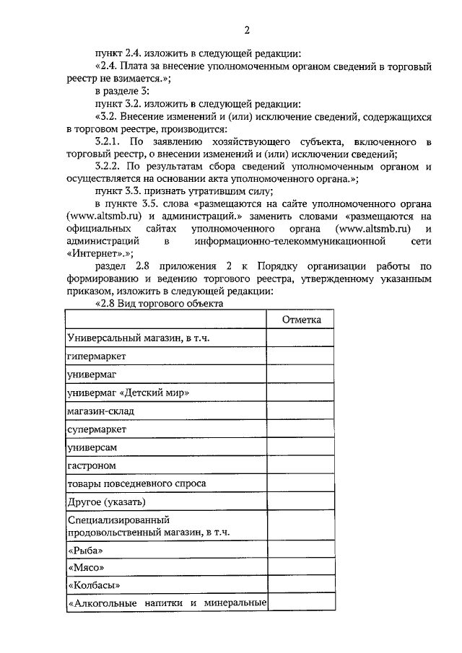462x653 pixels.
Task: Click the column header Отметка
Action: coord(300,320)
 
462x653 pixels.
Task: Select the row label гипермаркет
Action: coord(97,356)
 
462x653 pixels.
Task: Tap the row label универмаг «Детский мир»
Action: coord(128,393)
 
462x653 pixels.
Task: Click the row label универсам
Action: coord(92,447)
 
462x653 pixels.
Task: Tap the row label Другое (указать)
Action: coord(107,501)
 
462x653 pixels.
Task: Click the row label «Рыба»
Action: coord(82,551)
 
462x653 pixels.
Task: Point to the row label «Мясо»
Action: coord(82,567)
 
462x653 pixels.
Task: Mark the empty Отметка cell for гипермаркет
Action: coord(300,356)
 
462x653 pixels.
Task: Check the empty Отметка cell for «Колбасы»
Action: coord(300,584)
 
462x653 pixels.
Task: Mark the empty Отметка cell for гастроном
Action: coord(300,465)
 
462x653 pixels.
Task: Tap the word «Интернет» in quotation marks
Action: coord(94,253)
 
